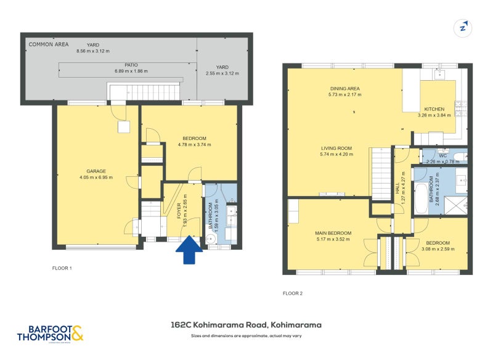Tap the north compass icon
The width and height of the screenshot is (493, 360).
462,28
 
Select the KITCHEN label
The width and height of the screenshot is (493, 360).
434,109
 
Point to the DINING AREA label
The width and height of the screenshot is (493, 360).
345,89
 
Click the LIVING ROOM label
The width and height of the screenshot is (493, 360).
336,148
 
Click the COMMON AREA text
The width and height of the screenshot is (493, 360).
49,44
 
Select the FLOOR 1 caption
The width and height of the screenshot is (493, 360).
62,269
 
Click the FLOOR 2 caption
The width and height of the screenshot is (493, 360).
292,293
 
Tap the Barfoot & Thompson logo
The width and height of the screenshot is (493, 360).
50,333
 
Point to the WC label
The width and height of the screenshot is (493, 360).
442,155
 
